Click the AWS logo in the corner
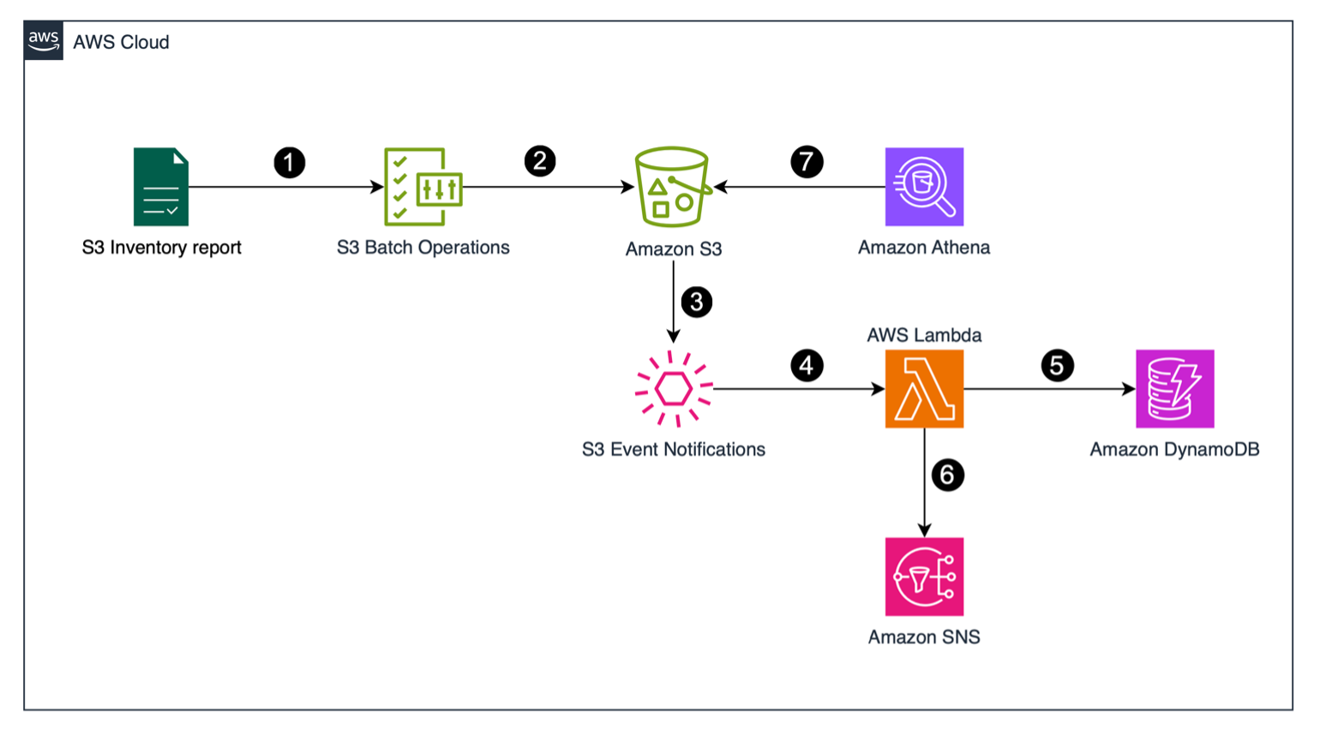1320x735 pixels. (43, 40)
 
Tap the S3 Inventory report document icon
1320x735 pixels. (161, 187)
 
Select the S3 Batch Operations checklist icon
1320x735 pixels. (423, 187)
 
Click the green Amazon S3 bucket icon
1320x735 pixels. (673, 187)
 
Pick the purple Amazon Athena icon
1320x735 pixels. (924, 187)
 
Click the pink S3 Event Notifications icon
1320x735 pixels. (674, 389)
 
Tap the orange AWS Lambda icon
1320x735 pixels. (924, 389)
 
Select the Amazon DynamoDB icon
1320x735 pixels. (1174, 389)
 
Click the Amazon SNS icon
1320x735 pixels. (924, 577)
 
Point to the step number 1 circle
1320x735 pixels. (290, 162)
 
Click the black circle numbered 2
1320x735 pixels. (540, 161)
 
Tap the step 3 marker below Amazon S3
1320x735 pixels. (697, 302)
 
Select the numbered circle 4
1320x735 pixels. (807, 366)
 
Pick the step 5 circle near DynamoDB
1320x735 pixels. (1057, 366)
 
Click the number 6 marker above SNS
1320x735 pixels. (947, 475)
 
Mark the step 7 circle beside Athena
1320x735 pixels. (807, 161)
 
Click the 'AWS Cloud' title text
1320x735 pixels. (121, 42)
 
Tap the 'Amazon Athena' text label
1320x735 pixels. (924, 248)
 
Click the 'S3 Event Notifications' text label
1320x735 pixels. (674, 450)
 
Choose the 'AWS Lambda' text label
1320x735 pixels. (924, 335)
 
